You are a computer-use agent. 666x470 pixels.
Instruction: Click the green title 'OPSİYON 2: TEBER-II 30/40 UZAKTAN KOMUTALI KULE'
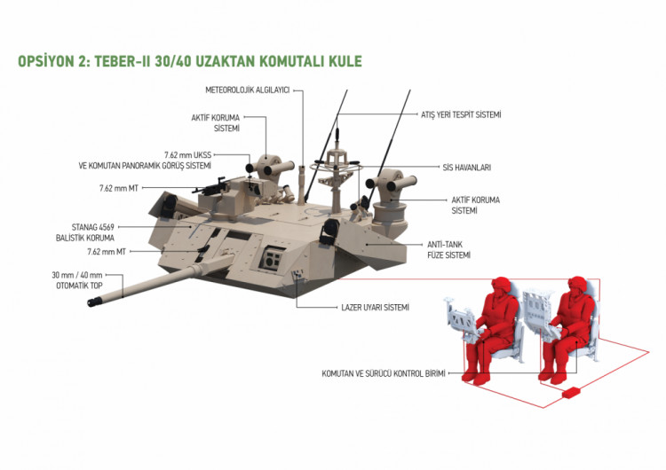pyautogui.click(x=190, y=61)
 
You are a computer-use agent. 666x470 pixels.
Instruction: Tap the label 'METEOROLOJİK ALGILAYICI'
pyautogui.click(x=247, y=90)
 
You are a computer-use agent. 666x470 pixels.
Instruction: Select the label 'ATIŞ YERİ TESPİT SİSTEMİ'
pyautogui.click(x=461, y=114)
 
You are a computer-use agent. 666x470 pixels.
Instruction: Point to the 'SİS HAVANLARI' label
pyautogui.click(x=466, y=168)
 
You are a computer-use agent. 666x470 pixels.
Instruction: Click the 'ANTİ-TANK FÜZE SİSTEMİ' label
pyautogui.click(x=448, y=250)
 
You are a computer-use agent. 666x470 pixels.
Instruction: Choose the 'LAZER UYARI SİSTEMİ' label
pyautogui.click(x=375, y=307)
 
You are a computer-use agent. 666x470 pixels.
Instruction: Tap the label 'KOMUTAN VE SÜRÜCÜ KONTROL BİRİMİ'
pyautogui.click(x=384, y=373)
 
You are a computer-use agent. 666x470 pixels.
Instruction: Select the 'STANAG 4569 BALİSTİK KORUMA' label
pyautogui.click(x=85, y=232)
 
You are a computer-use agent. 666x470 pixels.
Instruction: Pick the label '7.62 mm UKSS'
pyautogui.click(x=187, y=155)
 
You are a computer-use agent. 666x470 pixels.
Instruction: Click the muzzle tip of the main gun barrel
pyautogui.click(x=91, y=302)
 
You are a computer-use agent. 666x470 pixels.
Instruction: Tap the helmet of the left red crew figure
pyautogui.click(x=501, y=285)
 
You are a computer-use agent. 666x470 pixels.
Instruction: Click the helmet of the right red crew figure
pyautogui.click(x=577, y=284)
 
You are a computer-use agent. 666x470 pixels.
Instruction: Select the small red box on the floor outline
pyautogui.click(x=572, y=392)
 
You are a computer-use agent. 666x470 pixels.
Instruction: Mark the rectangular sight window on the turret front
pyautogui.click(x=271, y=258)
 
